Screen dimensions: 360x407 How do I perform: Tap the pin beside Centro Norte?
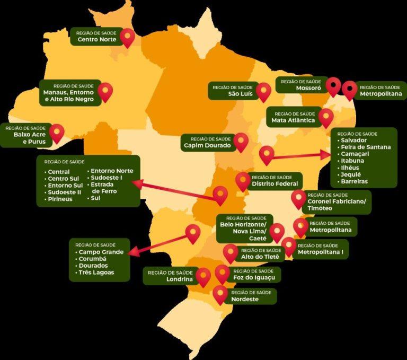click(x=127, y=37)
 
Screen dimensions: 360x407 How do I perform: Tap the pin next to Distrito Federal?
click(x=243, y=181)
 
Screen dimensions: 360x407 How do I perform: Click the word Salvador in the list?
click(x=355, y=140)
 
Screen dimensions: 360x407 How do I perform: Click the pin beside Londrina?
click(x=203, y=276)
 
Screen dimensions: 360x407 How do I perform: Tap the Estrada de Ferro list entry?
click(x=104, y=188)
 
